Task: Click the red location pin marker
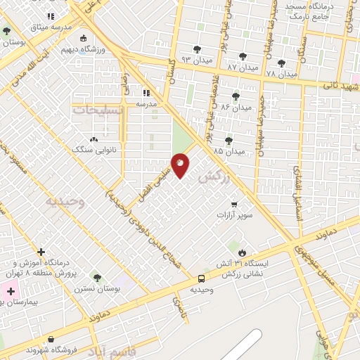181,165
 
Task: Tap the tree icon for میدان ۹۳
196,48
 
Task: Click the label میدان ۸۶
236,107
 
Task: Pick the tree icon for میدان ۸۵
228,140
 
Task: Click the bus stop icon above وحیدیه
202,278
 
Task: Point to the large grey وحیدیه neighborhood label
65,202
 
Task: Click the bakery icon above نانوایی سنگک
94,139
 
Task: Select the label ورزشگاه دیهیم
83,49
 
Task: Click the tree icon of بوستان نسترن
97,278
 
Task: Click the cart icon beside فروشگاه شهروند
50,339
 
